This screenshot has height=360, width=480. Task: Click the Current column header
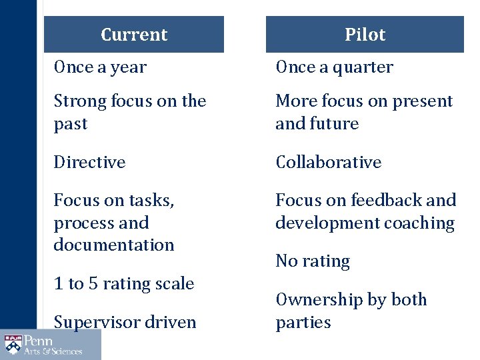tap(134, 35)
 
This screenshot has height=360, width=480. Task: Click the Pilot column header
tap(365, 35)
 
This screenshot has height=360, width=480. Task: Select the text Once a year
tap(100, 67)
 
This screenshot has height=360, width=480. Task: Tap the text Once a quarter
tap(334, 67)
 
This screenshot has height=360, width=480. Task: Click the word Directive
tap(89, 162)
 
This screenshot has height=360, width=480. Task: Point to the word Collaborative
tap(329, 162)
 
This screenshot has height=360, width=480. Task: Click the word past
tap(70, 125)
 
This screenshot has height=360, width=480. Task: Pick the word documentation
tap(114, 245)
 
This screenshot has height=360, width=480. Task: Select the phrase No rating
tap(313, 261)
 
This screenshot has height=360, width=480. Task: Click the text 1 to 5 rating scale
tap(124, 283)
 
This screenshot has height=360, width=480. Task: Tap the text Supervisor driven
tap(125, 322)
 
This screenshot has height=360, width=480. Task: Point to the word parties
tap(303, 323)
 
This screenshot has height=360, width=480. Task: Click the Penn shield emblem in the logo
tap(13, 345)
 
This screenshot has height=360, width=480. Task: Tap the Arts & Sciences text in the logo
tap(53, 351)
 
